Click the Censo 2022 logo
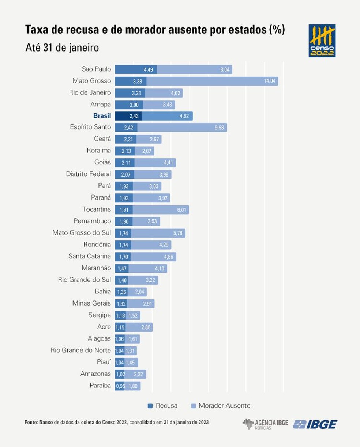pyautogui.click(x=322, y=41)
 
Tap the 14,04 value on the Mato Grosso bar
pyautogui.click(x=270, y=81)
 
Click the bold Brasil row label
pyautogui.click(x=102, y=116)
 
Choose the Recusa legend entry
pyautogui.click(x=162, y=405)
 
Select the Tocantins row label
pyautogui.click(x=97, y=209)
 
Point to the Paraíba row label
pyautogui.click(x=100, y=385)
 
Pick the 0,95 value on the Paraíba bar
pyautogui.click(x=120, y=386)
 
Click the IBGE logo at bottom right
pyautogui.click(x=315, y=424)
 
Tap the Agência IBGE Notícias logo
pyautogui.click(x=265, y=424)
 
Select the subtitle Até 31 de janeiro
pyautogui.click(x=62, y=48)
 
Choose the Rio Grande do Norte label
pyautogui.click(x=80, y=350)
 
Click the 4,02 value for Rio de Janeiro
pyautogui.click(x=176, y=93)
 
